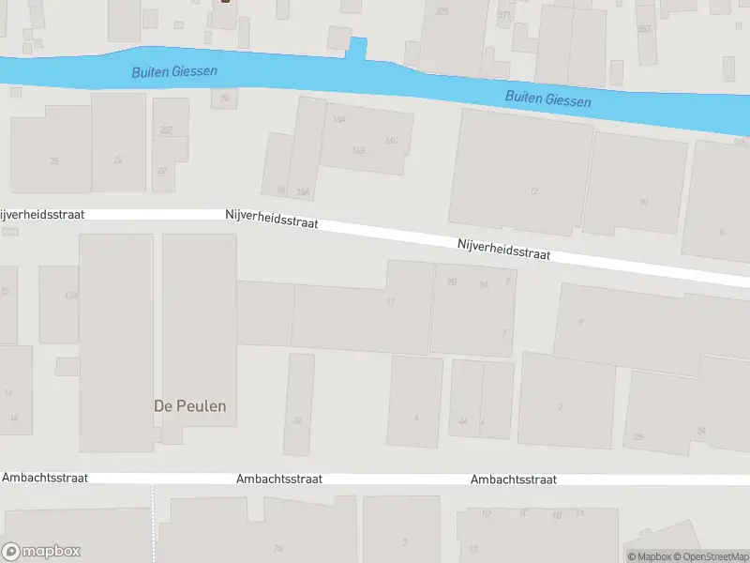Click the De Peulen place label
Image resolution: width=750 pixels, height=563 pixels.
tap(190, 406)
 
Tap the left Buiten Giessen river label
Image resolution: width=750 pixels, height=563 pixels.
tap(174, 71)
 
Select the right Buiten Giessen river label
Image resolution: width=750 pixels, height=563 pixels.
tap(547, 98)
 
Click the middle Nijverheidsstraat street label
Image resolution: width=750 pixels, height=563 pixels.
tap(272, 219)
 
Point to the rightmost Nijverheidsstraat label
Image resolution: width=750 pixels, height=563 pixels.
tap(503, 249)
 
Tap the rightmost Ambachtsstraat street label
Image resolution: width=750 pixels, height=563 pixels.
tap(513, 479)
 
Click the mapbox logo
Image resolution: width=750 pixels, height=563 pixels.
tap(41, 552)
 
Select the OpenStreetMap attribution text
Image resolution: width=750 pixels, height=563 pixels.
tap(710, 556)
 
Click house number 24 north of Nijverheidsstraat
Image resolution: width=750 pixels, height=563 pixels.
tap(118, 160)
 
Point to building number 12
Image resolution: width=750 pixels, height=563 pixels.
tap(534, 191)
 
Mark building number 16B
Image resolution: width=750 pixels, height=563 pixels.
tap(358, 150)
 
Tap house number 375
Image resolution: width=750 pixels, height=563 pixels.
tap(442, 12)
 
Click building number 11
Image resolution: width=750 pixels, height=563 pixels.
tap(390, 302)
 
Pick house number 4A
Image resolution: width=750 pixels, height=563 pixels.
tap(463, 421)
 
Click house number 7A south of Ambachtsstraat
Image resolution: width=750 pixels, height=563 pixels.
tap(277, 549)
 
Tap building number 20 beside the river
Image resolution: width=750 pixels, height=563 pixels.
tap(224, 98)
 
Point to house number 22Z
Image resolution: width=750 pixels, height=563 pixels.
tap(167, 130)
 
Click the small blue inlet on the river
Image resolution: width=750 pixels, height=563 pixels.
tap(356, 47)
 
